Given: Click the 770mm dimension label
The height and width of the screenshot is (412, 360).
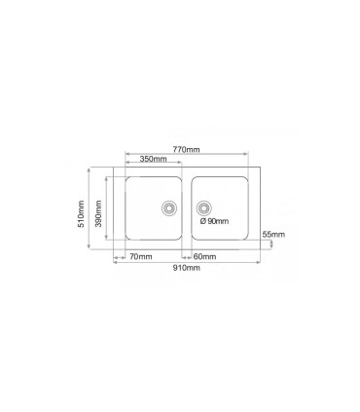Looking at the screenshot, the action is pyautogui.click(x=186, y=150).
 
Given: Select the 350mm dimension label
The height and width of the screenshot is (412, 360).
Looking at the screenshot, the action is pyautogui.click(x=154, y=159).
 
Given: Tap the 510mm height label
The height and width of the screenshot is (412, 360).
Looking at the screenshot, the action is pyautogui.click(x=81, y=214).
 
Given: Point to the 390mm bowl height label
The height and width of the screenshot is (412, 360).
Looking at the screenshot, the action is pyautogui.click(x=98, y=213).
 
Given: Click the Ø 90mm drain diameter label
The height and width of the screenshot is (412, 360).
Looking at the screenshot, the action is pyautogui.click(x=214, y=221).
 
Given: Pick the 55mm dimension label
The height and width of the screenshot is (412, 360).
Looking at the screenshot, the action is pyautogui.click(x=273, y=235).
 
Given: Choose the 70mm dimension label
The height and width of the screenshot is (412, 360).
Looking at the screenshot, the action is pyautogui.click(x=141, y=256).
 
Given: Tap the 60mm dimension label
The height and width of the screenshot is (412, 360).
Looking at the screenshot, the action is pyautogui.click(x=204, y=256).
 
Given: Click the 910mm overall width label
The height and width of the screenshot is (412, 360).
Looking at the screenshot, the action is pyautogui.click(x=186, y=268).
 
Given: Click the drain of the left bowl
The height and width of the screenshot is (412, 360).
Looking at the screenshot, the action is pyautogui.click(x=169, y=207).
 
